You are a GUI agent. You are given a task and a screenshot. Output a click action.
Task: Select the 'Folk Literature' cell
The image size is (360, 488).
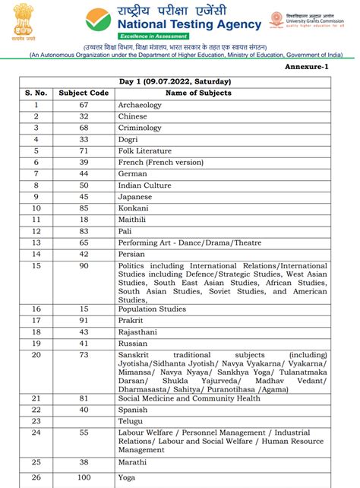[x=145, y=151]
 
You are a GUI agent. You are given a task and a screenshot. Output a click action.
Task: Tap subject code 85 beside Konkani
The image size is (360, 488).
[x=84, y=208]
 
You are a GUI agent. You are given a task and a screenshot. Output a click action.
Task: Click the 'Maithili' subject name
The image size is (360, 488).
[x=134, y=220]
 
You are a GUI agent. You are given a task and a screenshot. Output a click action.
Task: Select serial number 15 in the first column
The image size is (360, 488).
[x=36, y=266]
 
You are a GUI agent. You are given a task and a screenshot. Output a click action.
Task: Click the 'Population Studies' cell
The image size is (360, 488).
[x=153, y=309]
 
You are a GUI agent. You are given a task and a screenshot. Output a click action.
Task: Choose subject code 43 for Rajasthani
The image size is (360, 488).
[x=84, y=332]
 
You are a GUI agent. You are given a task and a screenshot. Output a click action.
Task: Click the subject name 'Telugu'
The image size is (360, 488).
[x=131, y=420]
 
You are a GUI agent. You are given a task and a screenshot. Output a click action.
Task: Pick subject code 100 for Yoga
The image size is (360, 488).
[x=84, y=479]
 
